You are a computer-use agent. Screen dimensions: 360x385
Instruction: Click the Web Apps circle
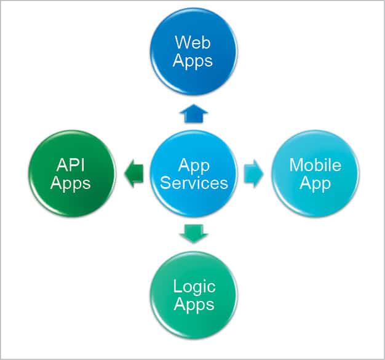point(193,52)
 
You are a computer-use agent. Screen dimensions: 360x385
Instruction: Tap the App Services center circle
point(193,174)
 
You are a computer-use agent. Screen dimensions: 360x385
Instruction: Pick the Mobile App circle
point(315,174)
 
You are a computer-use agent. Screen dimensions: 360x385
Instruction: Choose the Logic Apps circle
point(193,295)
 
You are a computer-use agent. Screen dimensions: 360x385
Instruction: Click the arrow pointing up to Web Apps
point(193,113)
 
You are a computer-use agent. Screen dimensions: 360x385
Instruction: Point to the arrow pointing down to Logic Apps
point(193,233)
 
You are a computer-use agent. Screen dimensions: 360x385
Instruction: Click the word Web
point(193,42)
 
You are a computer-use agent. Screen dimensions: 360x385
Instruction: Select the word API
point(71,165)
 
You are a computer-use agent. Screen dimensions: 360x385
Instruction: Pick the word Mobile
point(315,165)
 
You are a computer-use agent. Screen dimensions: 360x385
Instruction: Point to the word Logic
point(193,287)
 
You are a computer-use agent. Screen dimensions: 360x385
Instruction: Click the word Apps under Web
point(193,61)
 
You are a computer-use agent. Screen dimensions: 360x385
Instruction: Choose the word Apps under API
point(71,183)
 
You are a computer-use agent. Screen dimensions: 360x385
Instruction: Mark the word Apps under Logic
point(193,305)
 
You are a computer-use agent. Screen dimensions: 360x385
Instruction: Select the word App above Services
point(193,165)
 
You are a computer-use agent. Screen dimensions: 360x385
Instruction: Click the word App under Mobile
point(315,183)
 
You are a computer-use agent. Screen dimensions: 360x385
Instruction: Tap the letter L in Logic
point(177,287)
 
